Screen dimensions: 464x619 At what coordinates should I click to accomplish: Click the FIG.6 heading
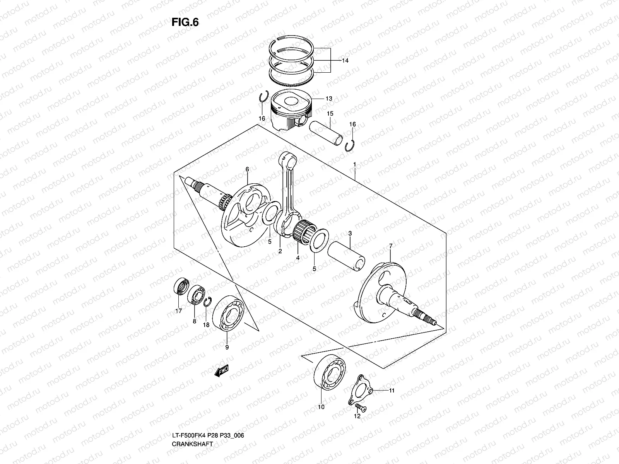pyautogui.click(x=185, y=23)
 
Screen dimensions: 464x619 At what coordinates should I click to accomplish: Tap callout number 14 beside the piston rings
pyautogui.click(x=345, y=61)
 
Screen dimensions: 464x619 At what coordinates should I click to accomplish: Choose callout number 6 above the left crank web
pyautogui.click(x=247, y=169)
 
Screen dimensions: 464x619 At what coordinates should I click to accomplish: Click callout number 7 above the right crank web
pyautogui.click(x=391, y=246)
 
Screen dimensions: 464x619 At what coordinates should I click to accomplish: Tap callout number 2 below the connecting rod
pyautogui.click(x=280, y=251)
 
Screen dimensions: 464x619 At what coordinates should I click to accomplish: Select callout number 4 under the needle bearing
pyautogui.click(x=298, y=258)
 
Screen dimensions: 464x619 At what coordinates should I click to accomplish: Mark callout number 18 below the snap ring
pyautogui.click(x=206, y=325)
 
